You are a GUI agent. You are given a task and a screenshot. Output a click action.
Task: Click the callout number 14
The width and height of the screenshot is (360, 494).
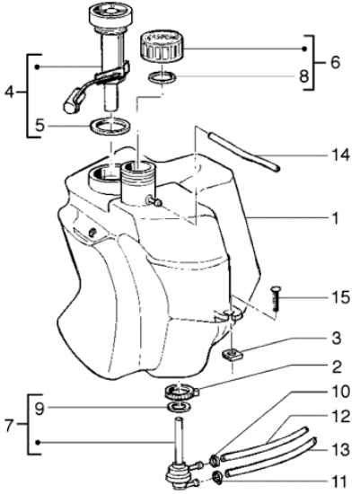340,155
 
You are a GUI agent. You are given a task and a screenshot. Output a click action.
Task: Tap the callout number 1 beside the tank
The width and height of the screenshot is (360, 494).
336,218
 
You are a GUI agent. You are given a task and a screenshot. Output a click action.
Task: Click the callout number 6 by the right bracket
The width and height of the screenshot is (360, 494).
336,62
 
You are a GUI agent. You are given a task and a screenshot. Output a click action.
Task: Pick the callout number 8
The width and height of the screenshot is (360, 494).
304,76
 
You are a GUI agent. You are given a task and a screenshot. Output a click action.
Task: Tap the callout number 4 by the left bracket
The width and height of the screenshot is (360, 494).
10,92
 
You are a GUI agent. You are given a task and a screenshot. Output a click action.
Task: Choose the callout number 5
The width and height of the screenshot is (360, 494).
40,126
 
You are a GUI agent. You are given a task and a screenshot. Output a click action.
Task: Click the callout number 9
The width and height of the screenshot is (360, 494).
40,409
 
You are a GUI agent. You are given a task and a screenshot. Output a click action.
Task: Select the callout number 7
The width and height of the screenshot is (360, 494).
10,427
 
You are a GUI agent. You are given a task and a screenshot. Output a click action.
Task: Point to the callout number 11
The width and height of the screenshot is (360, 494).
338,481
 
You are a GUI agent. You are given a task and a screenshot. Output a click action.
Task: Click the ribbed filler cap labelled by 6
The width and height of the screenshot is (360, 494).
162,47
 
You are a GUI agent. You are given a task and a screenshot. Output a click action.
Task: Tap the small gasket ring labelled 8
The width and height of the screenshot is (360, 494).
162,77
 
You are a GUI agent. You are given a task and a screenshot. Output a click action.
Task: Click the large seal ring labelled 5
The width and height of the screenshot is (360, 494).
110,127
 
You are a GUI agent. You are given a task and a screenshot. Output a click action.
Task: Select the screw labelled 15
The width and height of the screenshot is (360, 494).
277,298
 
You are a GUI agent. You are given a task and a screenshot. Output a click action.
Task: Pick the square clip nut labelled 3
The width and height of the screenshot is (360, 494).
233,355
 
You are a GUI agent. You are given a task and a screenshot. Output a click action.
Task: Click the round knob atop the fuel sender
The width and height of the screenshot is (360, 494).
109,15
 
